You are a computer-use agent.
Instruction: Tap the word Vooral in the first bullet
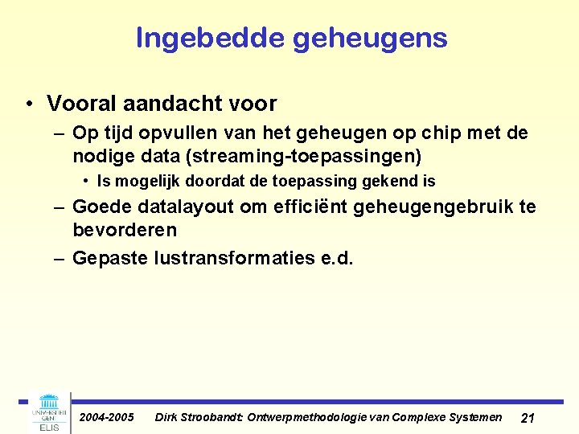point(80,104)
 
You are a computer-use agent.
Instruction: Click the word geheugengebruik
point(433,207)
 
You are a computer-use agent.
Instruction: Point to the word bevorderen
point(125,230)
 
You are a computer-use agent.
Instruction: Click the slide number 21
point(528,418)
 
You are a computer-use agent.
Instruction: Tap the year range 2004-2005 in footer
point(106,417)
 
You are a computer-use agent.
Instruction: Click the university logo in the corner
point(50,411)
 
